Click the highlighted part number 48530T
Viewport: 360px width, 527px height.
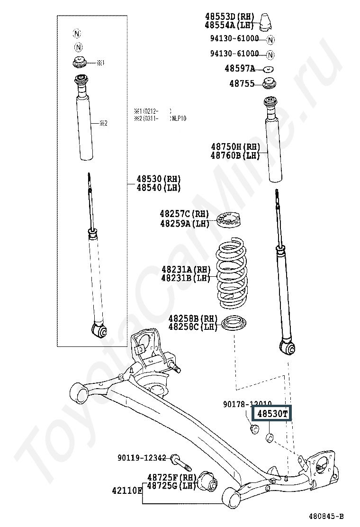tap(272, 414)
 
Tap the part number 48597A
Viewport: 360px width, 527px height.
tap(240, 69)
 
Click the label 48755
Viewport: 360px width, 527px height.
tap(242, 84)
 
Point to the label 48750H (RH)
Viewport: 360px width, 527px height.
tap(235, 147)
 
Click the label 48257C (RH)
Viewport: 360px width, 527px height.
tap(184, 214)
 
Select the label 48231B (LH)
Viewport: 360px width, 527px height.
tap(185, 278)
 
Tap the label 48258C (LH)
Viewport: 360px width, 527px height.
tap(189, 327)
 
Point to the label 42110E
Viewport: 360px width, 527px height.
tap(127, 490)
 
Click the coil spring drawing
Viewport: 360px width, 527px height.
tap(231, 273)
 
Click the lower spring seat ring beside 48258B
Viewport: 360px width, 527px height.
tap(234, 324)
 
